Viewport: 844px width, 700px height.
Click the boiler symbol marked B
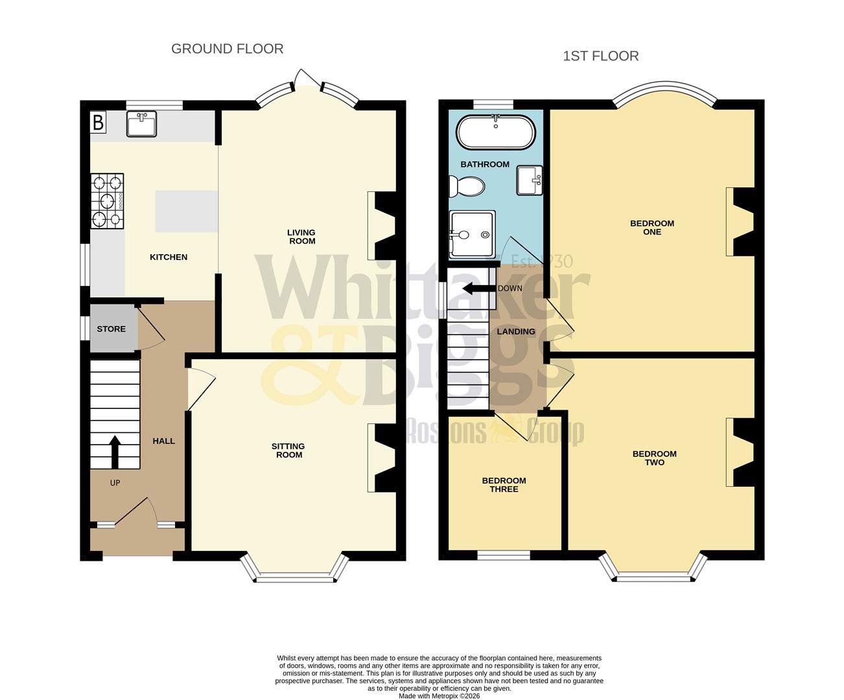pos(98,122)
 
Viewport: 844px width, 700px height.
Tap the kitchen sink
pos(141,124)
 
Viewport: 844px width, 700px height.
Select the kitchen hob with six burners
pos(107,201)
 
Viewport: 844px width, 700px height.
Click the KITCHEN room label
pos(169,257)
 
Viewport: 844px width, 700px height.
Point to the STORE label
pos(111,329)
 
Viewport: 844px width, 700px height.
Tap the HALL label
pos(163,441)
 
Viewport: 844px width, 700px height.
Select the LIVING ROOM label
pos(302,237)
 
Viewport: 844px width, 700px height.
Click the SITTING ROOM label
pos(288,450)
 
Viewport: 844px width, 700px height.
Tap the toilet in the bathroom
pos(467,187)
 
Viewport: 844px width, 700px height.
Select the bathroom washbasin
pos(530,180)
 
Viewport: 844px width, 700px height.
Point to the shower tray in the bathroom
pos(471,234)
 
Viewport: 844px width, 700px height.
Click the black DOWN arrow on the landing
pos(476,288)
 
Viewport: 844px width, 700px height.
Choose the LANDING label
pos(516,331)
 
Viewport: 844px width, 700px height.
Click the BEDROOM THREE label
pos(504,485)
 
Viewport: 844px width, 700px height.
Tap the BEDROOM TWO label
pos(654,458)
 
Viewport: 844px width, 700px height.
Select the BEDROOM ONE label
pos(652,227)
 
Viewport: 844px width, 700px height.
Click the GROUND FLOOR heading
pos(227,49)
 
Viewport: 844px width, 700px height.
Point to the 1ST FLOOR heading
pos(600,56)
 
